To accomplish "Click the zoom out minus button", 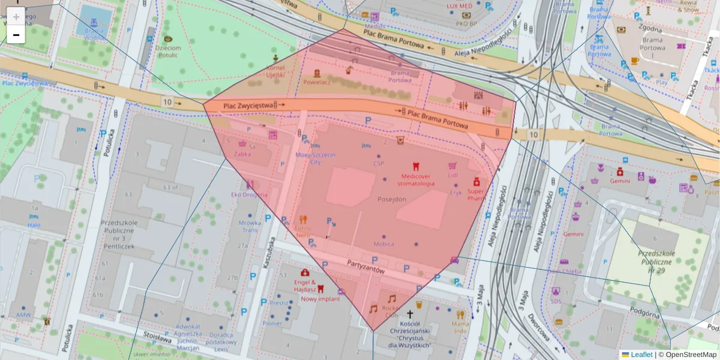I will click(16, 35).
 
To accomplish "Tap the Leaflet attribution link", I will click(641, 355).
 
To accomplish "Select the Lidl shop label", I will click(452, 175).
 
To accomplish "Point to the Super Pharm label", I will click(476, 194).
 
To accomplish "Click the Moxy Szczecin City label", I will click(316, 158).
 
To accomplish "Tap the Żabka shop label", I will click(243, 154).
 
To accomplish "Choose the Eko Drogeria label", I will click(250, 194).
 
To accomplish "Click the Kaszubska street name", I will click(268, 251).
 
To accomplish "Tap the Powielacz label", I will click(317, 82).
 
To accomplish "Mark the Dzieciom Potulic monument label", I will click(168, 52).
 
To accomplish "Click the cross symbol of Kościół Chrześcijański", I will click(410, 314).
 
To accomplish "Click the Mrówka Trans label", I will click(250, 226).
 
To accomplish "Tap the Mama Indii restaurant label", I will click(460, 327).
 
